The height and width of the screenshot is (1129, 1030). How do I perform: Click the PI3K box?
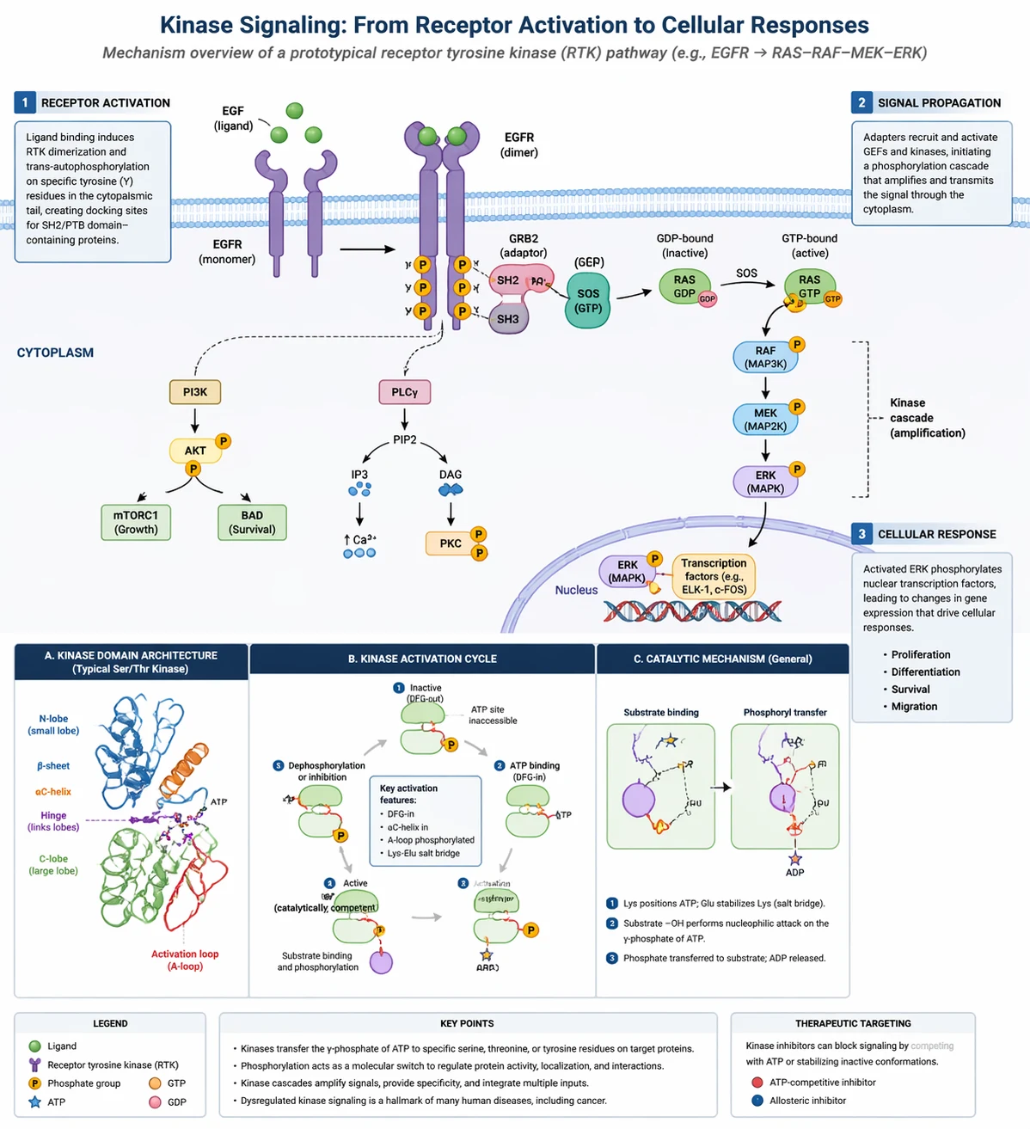coord(195,392)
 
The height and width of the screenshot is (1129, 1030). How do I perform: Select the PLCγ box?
coord(404,392)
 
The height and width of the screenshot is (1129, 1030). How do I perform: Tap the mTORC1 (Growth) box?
coord(136,523)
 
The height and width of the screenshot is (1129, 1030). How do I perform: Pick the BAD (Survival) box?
coord(252,523)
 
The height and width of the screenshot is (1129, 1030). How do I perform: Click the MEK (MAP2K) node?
coord(764,420)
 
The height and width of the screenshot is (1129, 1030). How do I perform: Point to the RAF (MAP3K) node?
coord(764,357)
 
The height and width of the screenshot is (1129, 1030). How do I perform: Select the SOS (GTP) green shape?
coord(588,301)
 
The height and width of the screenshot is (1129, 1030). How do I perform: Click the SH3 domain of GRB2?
coord(508,319)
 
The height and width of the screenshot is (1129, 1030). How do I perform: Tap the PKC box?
coord(450,543)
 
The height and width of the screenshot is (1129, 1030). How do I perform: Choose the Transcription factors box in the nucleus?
coord(714,576)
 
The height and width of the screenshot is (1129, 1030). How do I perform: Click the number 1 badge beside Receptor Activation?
coord(25,102)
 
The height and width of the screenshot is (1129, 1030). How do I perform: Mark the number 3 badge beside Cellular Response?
coord(861,534)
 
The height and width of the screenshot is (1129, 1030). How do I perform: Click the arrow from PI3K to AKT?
coord(195,420)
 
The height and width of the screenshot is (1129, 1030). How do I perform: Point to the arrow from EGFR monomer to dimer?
coord(367,250)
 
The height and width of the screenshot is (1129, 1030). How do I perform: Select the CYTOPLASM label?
coord(55,353)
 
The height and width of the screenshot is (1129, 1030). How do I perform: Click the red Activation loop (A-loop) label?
coord(185,960)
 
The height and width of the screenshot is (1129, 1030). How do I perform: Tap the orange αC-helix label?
coord(53,792)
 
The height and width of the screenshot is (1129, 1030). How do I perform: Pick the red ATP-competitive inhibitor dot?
coord(757,1083)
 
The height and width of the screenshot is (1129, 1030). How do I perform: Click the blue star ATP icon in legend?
coord(35,1101)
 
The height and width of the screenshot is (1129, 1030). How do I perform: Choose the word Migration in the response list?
coord(914,706)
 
